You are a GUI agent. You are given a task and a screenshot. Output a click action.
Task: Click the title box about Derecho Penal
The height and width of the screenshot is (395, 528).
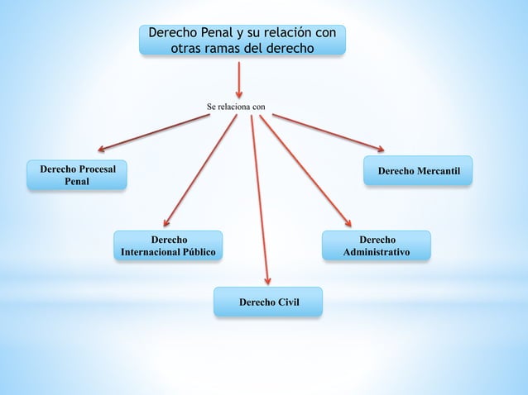[242, 40]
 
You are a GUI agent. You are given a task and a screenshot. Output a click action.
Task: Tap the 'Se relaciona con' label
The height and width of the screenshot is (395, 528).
[236, 107]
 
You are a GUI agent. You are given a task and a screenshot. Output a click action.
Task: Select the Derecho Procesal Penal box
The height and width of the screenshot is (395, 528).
[77, 175]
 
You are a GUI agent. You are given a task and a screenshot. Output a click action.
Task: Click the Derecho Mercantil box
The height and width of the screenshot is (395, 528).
[419, 171]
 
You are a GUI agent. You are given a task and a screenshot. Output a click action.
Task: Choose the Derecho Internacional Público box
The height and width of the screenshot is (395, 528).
[168, 245]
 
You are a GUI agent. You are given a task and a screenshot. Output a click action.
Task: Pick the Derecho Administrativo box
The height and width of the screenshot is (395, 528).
[377, 245]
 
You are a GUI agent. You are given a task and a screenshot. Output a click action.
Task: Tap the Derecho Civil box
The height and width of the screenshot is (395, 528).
[268, 302]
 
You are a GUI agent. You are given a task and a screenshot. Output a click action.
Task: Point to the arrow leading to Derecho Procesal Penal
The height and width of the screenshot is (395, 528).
[153, 132]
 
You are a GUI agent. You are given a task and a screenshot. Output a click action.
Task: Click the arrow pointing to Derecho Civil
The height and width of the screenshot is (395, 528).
[259, 198]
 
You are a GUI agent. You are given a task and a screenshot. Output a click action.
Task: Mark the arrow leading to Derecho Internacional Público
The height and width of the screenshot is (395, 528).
[201, 169]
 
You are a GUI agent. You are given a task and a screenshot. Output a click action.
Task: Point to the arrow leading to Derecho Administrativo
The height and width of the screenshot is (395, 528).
[305, 169]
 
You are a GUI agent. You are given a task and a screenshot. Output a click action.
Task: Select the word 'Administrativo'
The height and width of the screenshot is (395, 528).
[377, 251]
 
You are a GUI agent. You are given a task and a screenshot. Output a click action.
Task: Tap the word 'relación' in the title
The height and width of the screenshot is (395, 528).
[271, 33]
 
